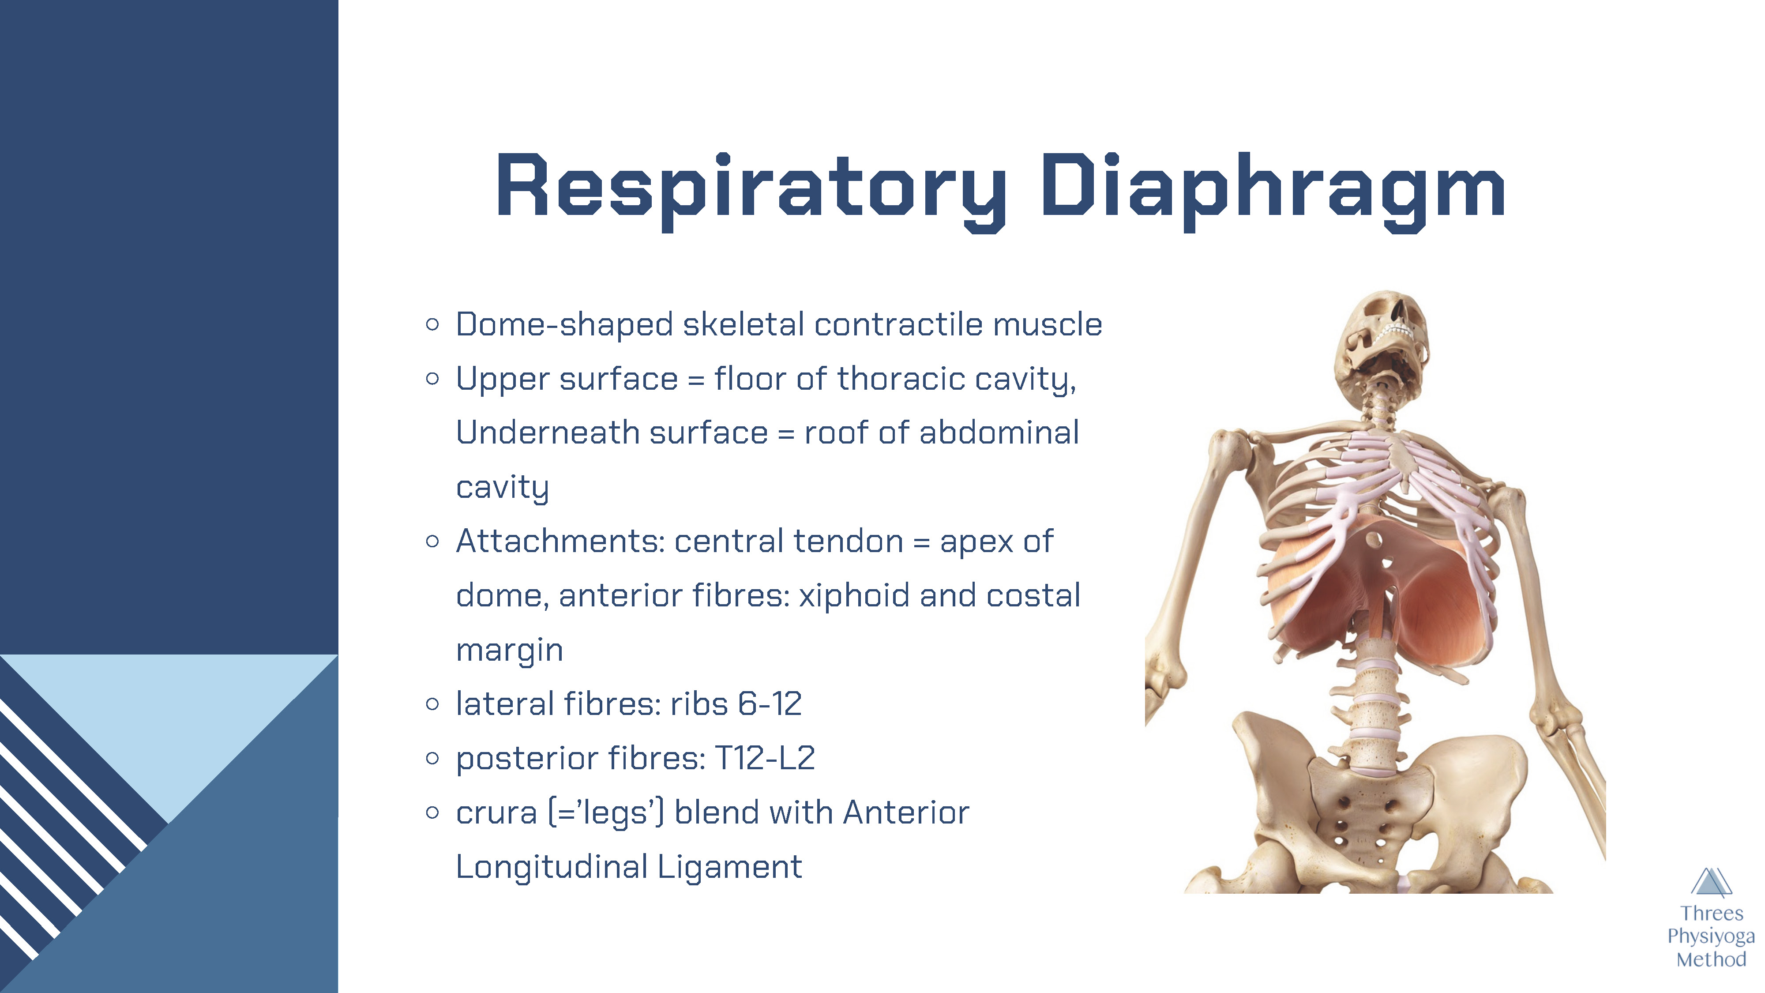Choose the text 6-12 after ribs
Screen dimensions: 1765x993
click(770, 704)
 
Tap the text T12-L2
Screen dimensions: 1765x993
click(765, 758)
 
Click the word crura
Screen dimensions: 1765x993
click(497, 813)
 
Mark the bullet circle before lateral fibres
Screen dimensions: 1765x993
click(432, 704)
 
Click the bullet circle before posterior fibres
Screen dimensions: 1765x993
click(432, 758)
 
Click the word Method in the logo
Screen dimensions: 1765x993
click(1711, 959)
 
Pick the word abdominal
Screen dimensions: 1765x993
click(999, 433)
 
